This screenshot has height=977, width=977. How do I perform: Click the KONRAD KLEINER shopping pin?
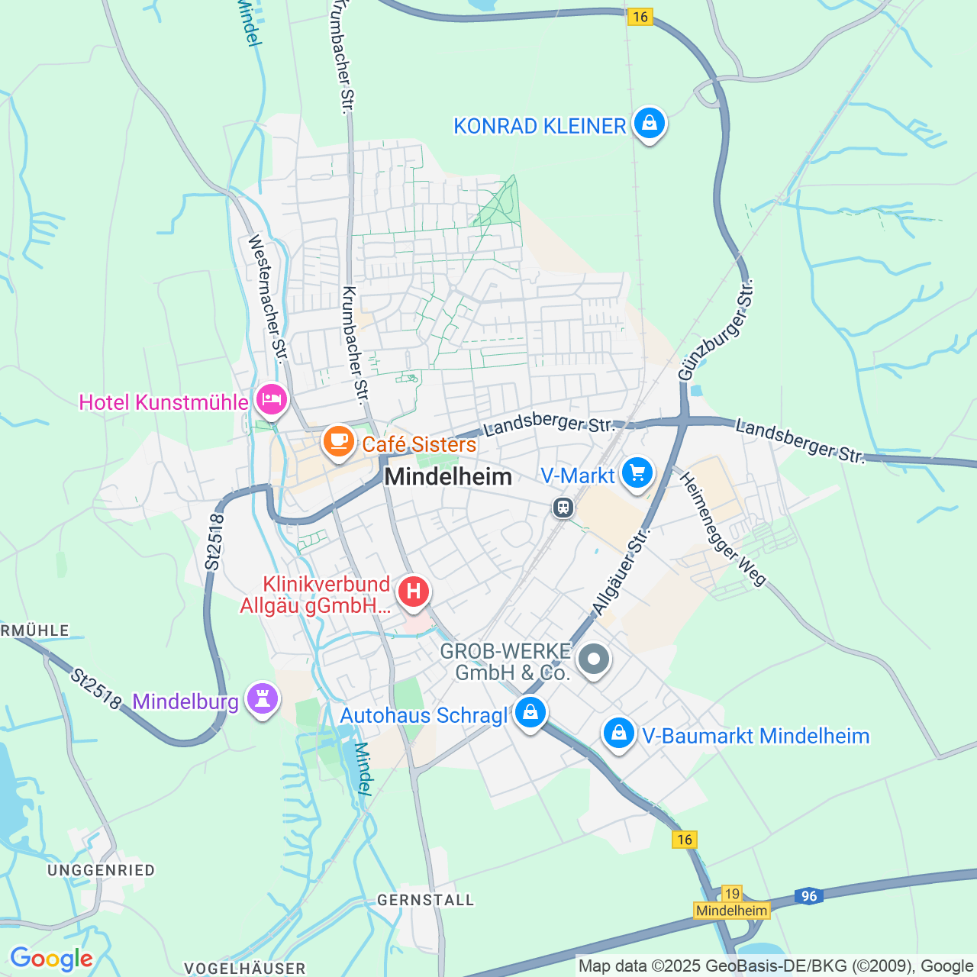pos(649,123)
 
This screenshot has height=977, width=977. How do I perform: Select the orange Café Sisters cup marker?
pos(337,441)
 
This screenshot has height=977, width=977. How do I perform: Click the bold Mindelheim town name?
pos(448,477)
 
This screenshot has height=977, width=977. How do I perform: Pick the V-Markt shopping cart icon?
pos(637,473)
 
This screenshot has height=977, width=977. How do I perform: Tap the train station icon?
pos(563,507)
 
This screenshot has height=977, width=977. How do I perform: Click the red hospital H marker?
pos(413,592)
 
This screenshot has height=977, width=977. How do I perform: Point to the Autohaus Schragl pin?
pos(530,713)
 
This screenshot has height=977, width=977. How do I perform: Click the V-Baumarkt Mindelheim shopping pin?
pos(618,734)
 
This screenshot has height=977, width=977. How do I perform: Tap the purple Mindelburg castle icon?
pos(262,698)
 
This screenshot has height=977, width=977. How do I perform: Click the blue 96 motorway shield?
pos(809,896)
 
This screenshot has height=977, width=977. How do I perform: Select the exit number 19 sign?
pos(731,894)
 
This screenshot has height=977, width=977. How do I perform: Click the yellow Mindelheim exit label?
pos(731,911)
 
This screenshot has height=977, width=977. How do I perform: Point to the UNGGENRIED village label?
pos(101,870)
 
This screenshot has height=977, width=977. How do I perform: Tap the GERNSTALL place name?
pos(426,900)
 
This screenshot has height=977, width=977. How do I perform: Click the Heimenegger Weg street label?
pos(722,529)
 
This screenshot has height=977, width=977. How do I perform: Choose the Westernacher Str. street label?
pos(268,298)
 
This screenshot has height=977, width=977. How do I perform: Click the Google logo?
pos(51,959)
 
